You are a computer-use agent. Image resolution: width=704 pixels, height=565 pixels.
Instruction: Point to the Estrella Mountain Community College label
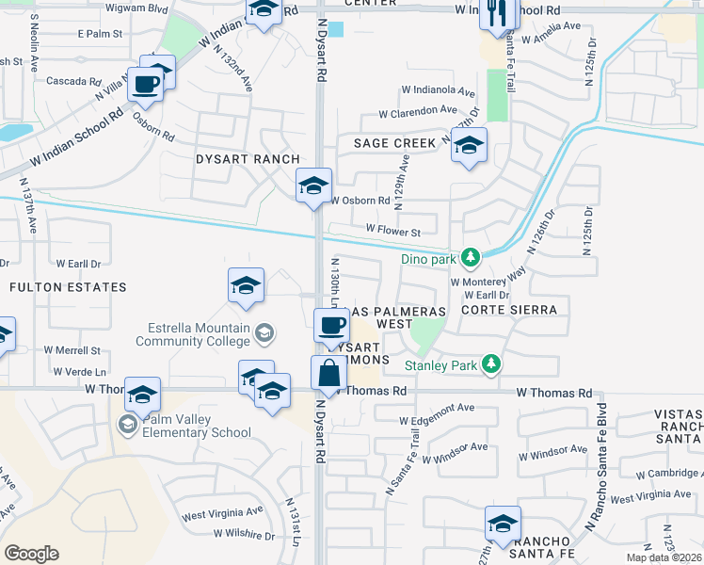[198, 334]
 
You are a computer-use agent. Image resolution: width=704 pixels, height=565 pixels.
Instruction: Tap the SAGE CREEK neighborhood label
[395, 143]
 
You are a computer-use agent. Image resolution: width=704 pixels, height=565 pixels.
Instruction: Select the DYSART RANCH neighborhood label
[248, 159]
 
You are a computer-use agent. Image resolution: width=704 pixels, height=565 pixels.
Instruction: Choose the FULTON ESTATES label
[66, 286]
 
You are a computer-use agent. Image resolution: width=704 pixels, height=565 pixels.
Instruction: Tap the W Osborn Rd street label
[360, 201]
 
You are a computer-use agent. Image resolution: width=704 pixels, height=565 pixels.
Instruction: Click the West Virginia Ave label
[223, 514]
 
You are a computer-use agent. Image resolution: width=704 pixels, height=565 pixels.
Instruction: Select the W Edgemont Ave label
[437, 421]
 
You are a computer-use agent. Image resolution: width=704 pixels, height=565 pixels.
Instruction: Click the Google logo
[32, 553]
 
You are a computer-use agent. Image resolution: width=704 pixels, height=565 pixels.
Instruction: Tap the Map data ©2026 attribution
[664, 557]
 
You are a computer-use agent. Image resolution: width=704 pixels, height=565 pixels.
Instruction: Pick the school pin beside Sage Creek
[468, 146]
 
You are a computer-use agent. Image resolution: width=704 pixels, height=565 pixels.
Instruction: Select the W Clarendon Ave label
[418, 112]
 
